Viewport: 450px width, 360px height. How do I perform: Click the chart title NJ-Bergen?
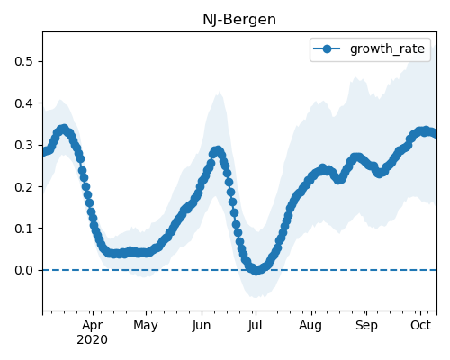(239, 20)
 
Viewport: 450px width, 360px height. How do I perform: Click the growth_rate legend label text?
(387, 49)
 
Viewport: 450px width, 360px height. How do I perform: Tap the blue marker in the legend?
(327, 49)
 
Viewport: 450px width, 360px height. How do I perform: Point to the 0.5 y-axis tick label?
(23, 61)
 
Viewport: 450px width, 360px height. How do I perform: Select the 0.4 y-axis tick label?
(23, 103)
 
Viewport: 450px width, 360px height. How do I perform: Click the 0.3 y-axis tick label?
(23, 145)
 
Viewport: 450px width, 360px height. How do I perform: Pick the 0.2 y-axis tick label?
(23, 187)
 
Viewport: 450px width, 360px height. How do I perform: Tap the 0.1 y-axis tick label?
(23, 229)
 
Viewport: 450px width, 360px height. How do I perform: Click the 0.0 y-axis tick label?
(23, 270)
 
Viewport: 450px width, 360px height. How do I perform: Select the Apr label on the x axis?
(93, 325)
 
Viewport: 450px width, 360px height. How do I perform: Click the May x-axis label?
(146, 326)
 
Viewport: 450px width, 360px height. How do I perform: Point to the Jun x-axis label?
(202, 325)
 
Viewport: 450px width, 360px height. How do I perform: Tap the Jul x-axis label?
(256, 325)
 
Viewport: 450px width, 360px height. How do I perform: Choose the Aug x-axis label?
(310, 326)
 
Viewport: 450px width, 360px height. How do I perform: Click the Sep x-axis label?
(366, 326)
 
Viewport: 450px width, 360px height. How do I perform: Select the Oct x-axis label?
(421, 325)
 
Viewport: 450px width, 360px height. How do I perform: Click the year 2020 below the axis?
(92, 340)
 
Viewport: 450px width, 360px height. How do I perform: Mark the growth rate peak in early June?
(218, 151)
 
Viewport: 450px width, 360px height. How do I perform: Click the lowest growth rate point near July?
(256, 271)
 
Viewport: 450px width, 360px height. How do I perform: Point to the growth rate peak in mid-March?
(63, 130)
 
